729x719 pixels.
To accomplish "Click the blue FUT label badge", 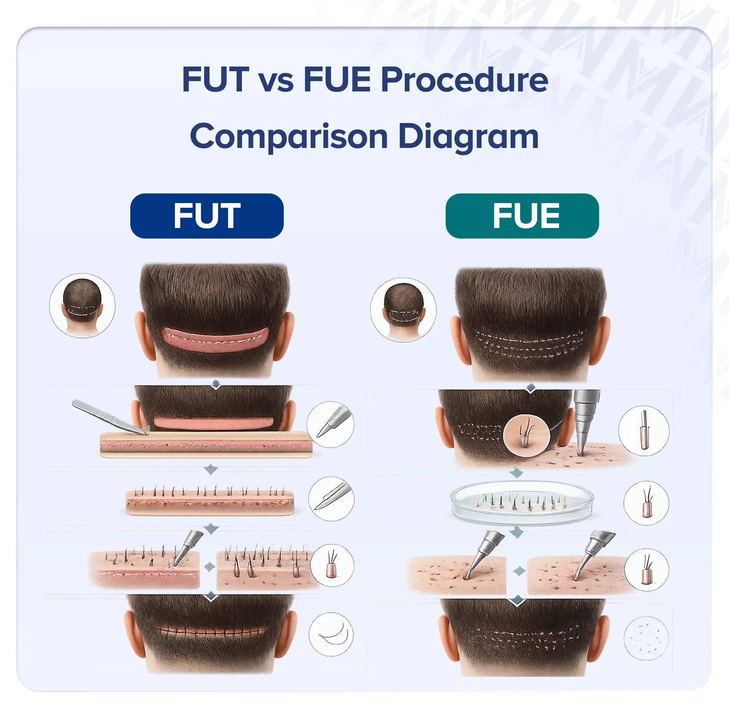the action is tap(207, 216).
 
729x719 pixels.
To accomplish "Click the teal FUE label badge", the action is tap(522, 216).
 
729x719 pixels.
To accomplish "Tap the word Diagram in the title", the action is tap(468, 137).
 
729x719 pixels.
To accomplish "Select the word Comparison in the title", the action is tap(289, 137).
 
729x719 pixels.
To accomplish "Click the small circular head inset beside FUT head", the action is tap(82, 306).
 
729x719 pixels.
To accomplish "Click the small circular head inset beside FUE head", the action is tap(403, 310).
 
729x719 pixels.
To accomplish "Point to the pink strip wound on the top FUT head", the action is tap(216, 338).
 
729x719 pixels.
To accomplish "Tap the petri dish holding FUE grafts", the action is tap(522, 502).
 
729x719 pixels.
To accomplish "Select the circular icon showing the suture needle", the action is tap(331, 634).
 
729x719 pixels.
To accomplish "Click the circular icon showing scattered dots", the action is tap(646, 638).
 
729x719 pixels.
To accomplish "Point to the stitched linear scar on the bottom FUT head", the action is tap(213, 631).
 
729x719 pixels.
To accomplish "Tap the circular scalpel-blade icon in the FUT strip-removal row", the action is tap(330, 424).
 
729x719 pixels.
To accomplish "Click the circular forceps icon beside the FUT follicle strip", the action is tap(331, 499).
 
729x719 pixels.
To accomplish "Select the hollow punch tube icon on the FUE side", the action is tap(644, 431).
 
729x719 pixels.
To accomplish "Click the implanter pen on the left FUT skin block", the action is tap(187, 546).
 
